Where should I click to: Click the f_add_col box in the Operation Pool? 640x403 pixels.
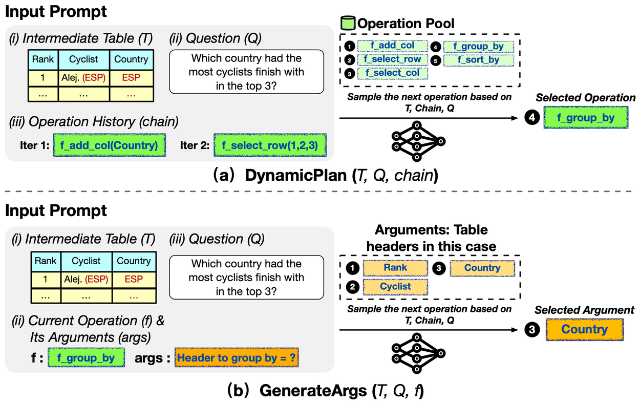click(x=393, y=46)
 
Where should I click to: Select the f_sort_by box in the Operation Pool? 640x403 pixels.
click(x=478, y=59)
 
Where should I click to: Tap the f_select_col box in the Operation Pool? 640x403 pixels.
click(x=393, y=73)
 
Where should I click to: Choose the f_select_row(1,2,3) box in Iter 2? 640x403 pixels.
click(x=269, y=145)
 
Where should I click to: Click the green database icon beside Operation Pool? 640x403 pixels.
click(x=348, y=24)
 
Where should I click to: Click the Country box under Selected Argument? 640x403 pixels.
click(x=584, y=329)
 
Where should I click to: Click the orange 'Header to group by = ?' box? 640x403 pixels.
click(x=236, y=358)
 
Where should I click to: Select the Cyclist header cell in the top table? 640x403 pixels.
click(x=83, y=59)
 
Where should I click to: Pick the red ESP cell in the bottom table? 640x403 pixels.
click(x=134, y=280)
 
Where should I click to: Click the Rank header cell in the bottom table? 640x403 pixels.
click(x=46, y=261)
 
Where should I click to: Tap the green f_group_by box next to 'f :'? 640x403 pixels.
click(x=86, y=358)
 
